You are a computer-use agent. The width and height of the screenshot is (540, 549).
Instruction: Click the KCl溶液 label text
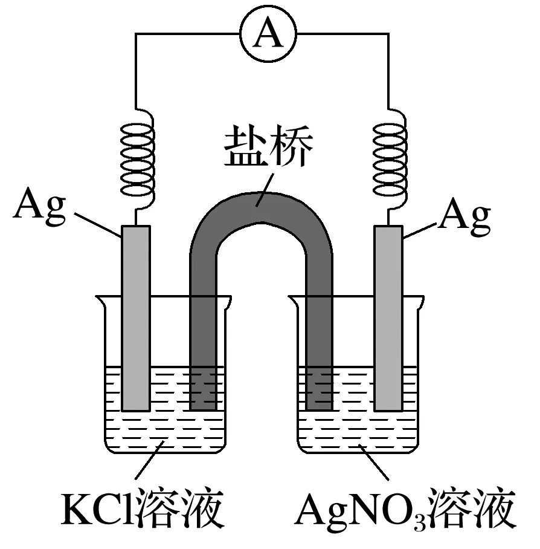[143, 512]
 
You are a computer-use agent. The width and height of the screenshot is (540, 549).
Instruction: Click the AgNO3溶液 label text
[405, 512]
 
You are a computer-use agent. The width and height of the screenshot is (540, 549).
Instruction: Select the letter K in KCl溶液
[74, 512]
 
